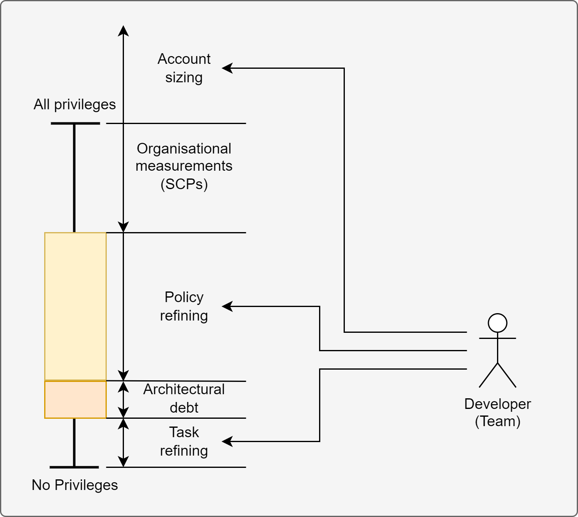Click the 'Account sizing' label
(x=184, y=68)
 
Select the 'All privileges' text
(x=74, y=104)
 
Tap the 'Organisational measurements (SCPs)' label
(x=184, y=166)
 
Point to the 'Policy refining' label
(x=184, y=306)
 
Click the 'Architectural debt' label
(x=184, y=398)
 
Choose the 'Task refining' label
(x=184, y=441)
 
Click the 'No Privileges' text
(x=74, y=485)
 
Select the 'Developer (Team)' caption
(x=497, y=412)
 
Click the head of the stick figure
(x=497, y=323)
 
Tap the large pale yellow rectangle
(x=75, y=306)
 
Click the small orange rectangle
(x=75, y=400)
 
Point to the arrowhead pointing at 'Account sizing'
(x=227, y=68)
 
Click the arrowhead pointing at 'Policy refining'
(x=227, y=306)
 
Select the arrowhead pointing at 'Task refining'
(x=227, y=441)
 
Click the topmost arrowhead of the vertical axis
(x=123, y=30)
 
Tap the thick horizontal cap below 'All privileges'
(x=75, y=123)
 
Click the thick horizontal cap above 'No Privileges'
(x=74, y=467)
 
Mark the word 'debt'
(x=184, y=408)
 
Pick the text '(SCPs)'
(x=184, y=184)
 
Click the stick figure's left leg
(x=488, y=375)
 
